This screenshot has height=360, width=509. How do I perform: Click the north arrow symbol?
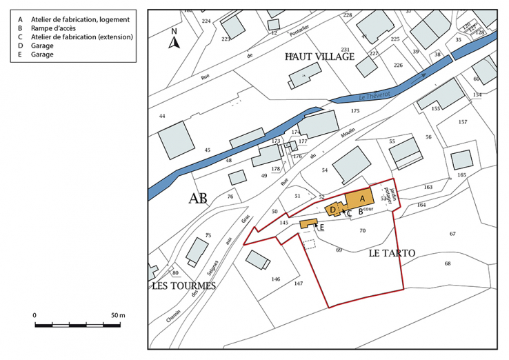(x=174, y=40)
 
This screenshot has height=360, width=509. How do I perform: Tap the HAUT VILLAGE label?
(x=319, y=57)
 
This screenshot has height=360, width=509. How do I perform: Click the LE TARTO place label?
(x=392, y=253)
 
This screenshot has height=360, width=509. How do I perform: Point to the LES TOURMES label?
(x=184, y=286)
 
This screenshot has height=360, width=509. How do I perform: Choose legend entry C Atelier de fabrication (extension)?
(x=76, y=37)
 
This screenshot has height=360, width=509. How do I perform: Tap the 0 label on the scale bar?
(x=34, y=315)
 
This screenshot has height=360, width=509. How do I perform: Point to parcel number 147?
(x=298, y=283)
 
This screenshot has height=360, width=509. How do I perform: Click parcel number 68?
(x=447, y=263)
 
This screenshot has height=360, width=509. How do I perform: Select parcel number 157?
(x=462, y=122)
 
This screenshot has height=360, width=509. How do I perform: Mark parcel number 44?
(x=162, y=116)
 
